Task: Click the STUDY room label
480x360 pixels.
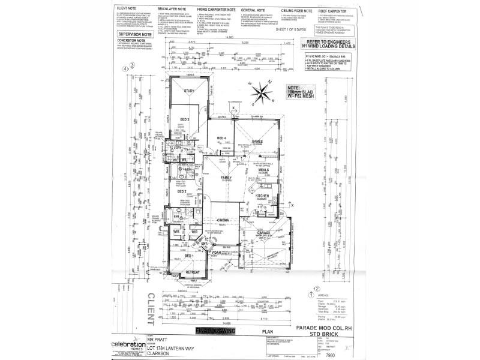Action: (x=190, y=91)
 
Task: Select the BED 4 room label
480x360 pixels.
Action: (x=221, y=139)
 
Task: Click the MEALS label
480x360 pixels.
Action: (x=263, y=170)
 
